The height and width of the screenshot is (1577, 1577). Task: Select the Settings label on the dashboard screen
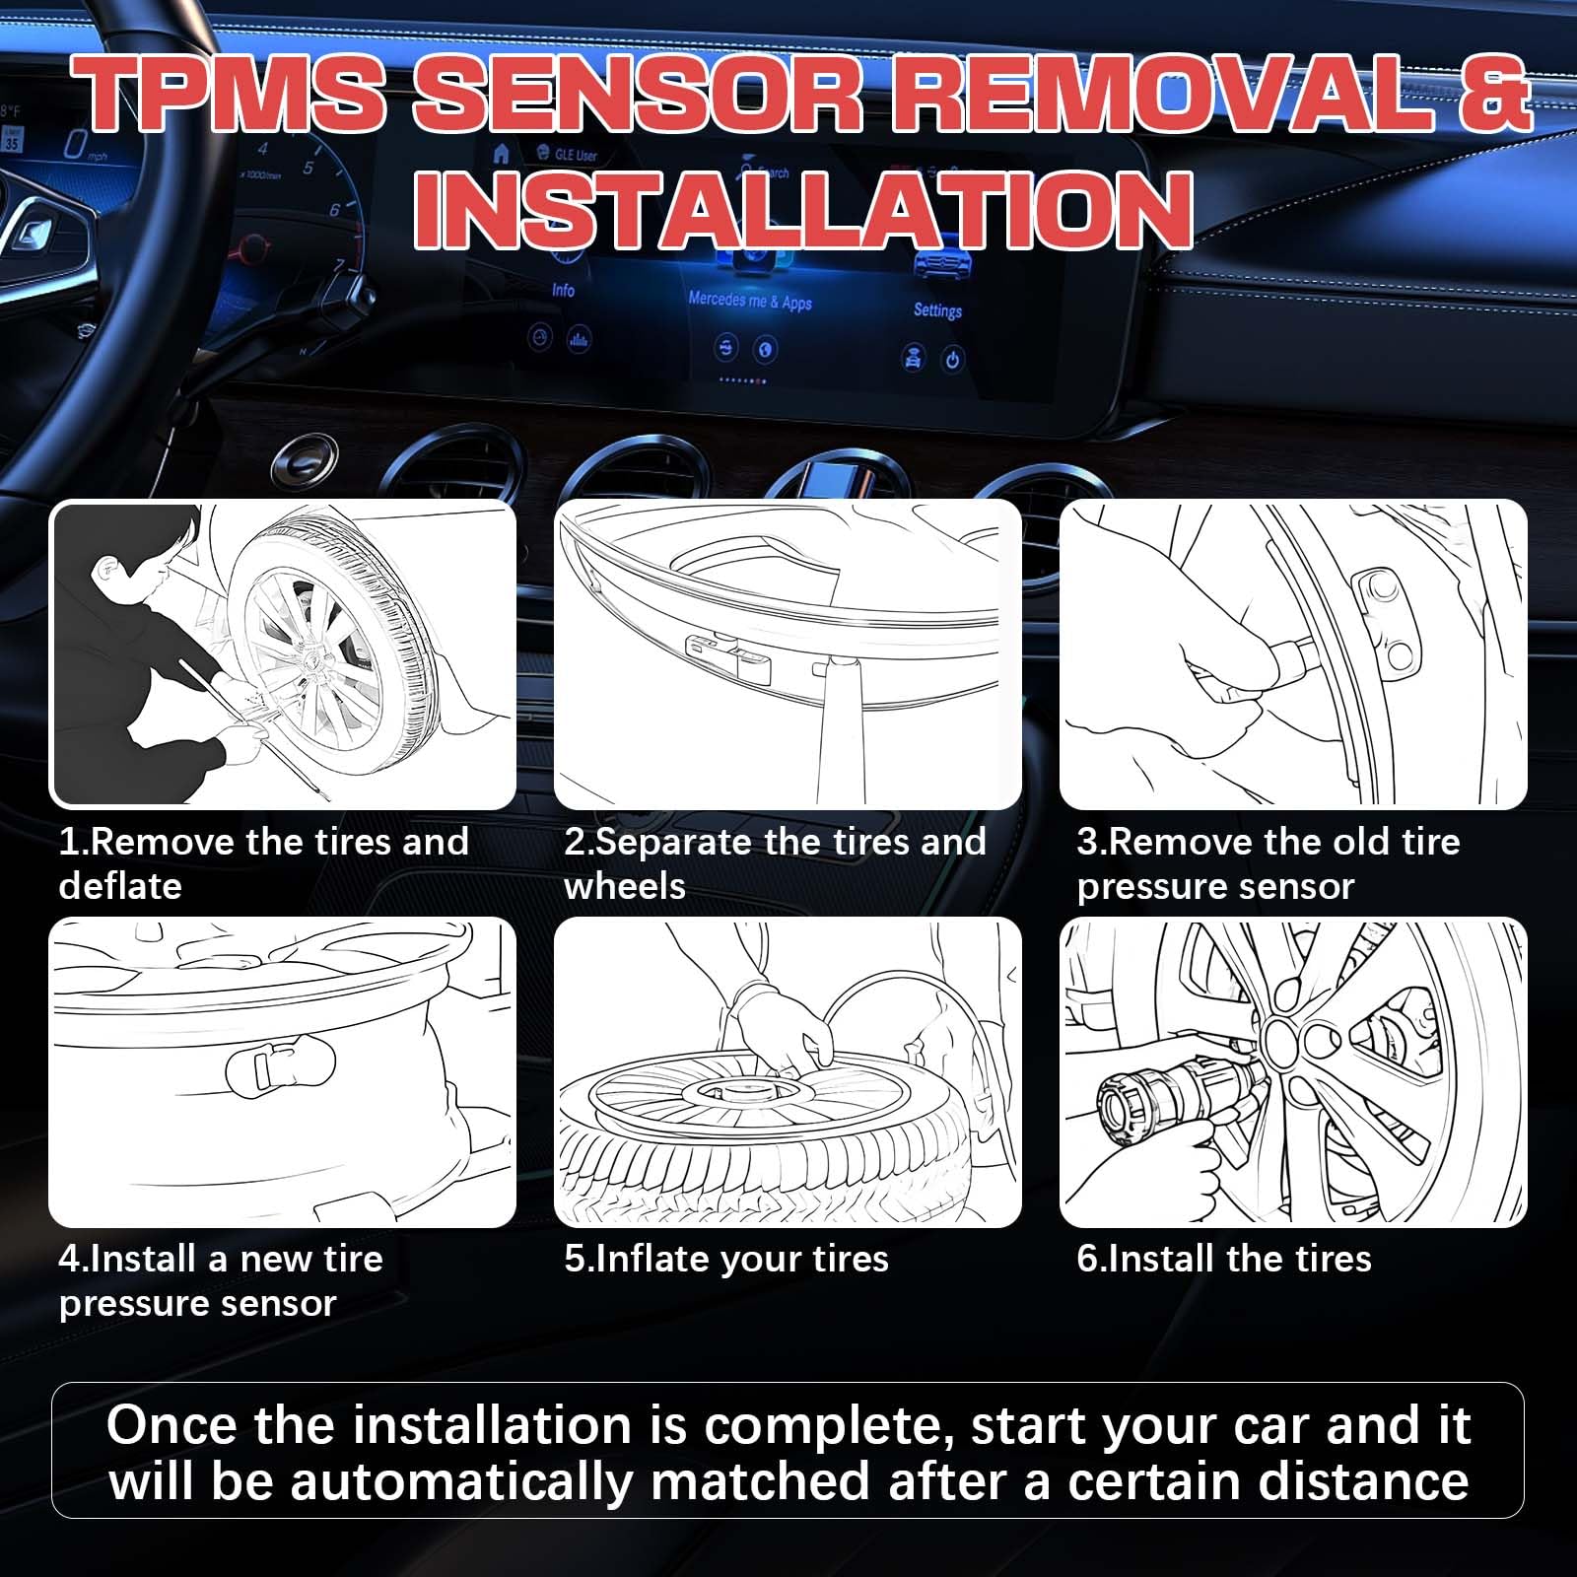936,309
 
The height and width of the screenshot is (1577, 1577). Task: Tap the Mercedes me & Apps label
750,300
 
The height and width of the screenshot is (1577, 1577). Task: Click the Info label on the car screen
563,290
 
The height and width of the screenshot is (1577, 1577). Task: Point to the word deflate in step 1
120,886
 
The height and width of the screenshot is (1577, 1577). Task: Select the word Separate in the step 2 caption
675,842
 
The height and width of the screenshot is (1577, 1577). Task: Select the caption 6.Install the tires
1223,1259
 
